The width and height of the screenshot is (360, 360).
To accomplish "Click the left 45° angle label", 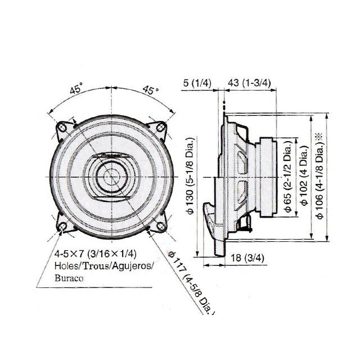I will point(76,88).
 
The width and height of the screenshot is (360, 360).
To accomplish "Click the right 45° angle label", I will point(150,90).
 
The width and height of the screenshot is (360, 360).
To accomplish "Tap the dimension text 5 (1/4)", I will point(197,83).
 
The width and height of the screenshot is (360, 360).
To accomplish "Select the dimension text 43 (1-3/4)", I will point(249,83).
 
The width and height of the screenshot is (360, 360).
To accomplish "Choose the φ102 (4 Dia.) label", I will point(304,177).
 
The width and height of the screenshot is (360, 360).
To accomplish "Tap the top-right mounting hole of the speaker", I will point(161,128).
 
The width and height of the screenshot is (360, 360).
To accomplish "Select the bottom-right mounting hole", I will point(161,226).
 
